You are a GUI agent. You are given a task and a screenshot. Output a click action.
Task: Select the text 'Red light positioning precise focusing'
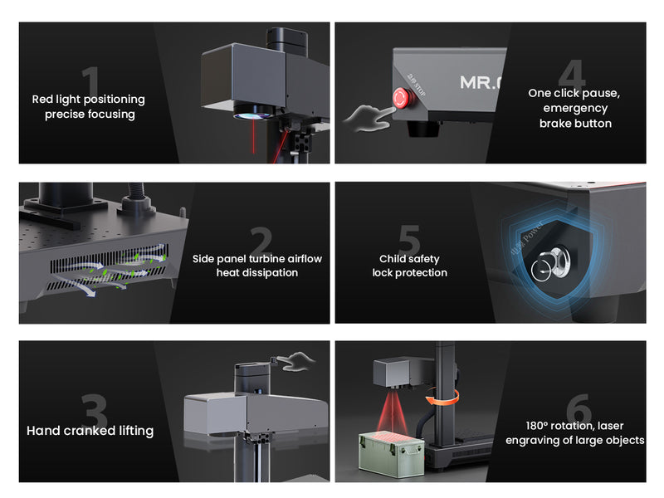[88, 106]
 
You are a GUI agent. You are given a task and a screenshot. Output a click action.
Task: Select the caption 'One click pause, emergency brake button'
[574, 108]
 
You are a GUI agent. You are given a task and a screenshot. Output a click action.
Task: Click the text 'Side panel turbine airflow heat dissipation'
[256, 266]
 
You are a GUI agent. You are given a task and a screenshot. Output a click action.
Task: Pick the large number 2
[260, 242]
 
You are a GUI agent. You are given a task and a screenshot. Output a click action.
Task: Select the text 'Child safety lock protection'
[409, 266]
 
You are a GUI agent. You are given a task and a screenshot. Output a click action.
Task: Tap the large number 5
[408, 241]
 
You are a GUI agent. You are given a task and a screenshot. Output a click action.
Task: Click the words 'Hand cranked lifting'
[90, 431]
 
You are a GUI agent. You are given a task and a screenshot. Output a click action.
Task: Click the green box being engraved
[390, 452]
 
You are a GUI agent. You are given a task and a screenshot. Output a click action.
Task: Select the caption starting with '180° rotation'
[574, 432]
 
